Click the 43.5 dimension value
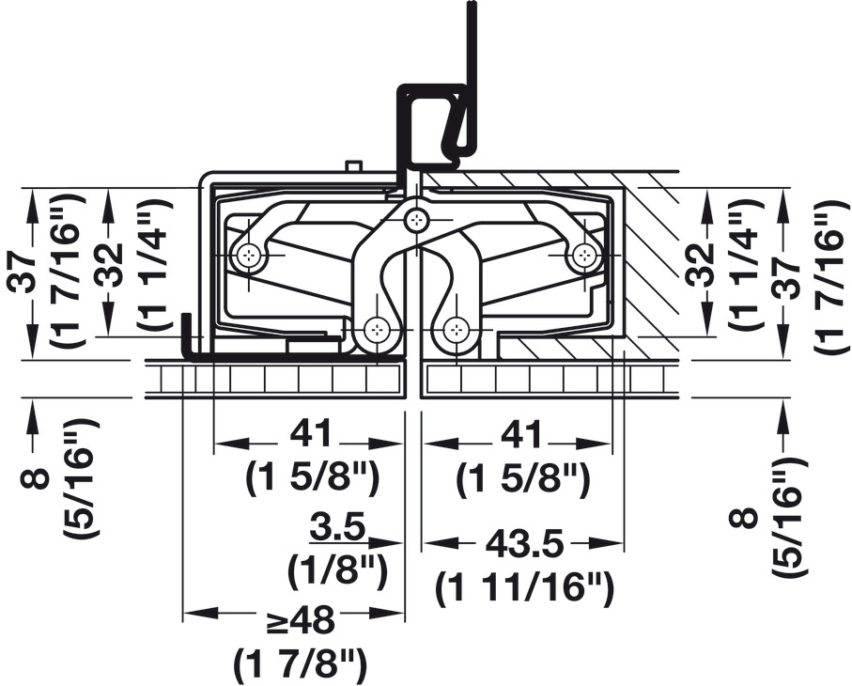(x=524, y=543)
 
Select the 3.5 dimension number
(x=338, y=527)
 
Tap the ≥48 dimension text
(x=301, y=619)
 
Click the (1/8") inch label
(x=338, y=570)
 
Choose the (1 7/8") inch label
(x=301, y=662)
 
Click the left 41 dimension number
(x=310, y=434)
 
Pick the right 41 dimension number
(x=520, y=434)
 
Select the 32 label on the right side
(x=701, y=265)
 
